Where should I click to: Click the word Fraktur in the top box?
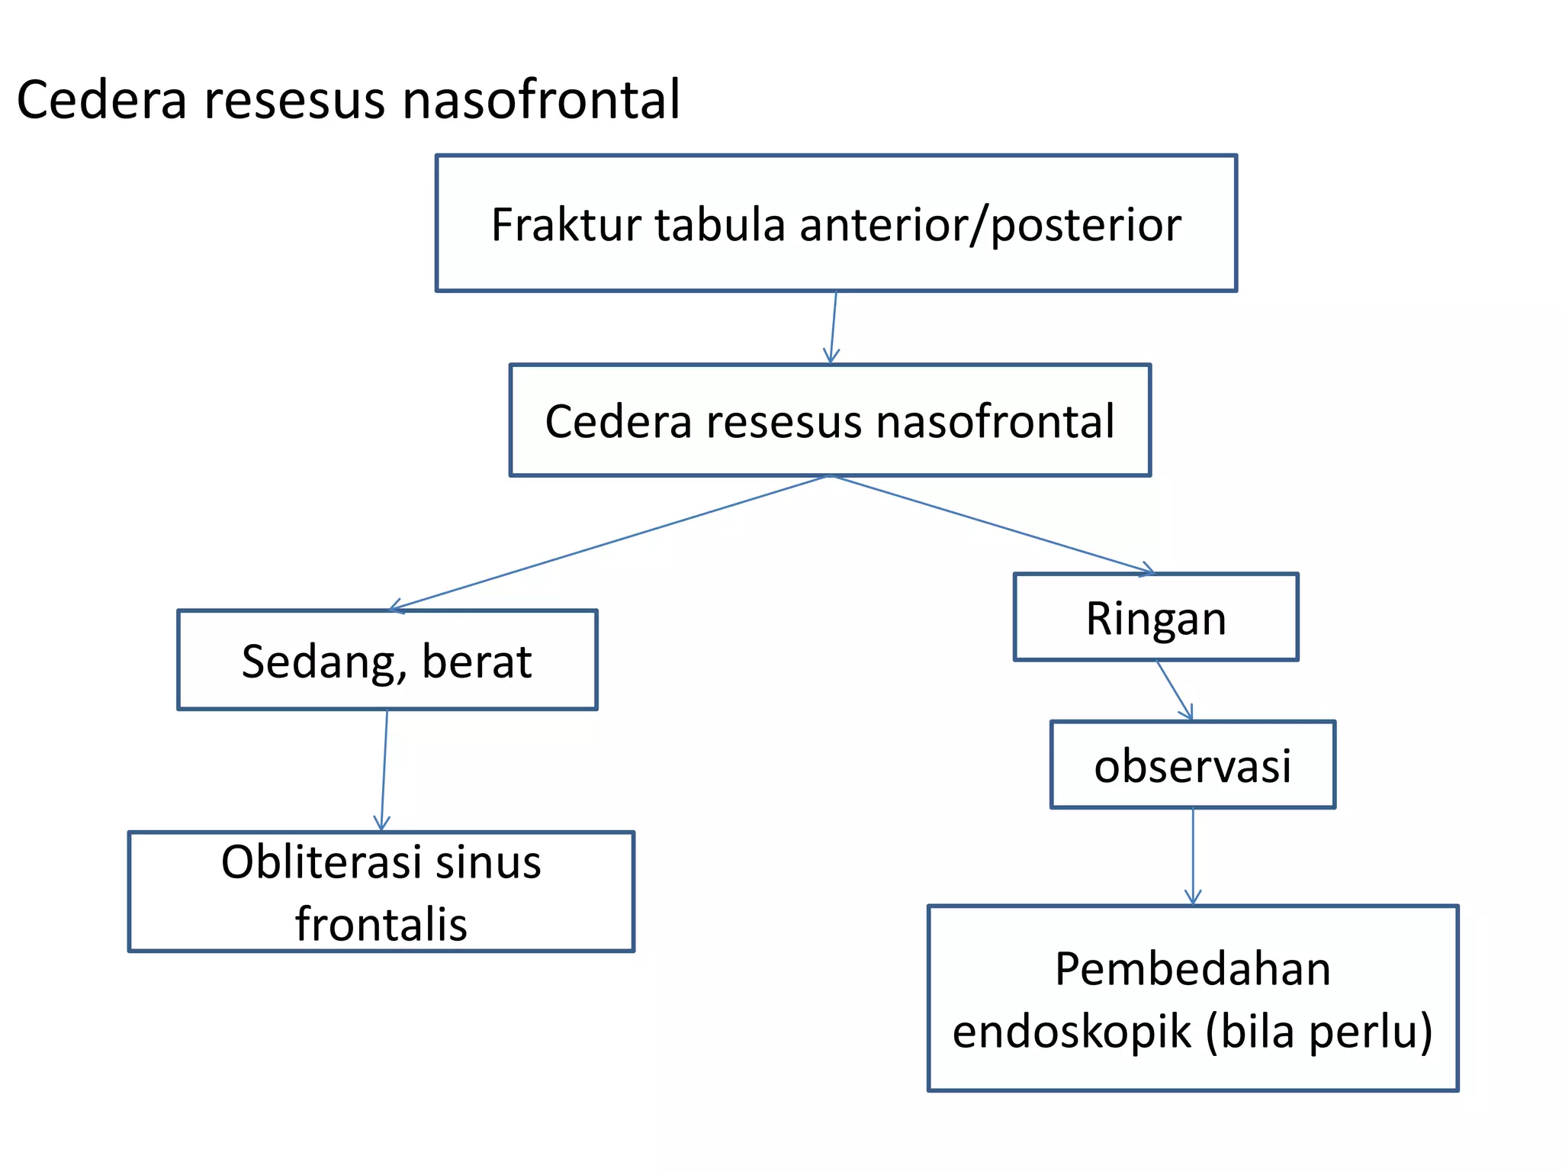coord(565,225)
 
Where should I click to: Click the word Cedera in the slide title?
coord(101,100)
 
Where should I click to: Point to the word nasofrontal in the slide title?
coord(540,100)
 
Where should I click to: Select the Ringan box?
coord(1155,617)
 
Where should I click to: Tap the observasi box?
coord(1192,765)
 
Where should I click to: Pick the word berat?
coord(477,662)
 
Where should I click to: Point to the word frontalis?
coord(381,925)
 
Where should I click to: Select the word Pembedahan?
coord(1192,969)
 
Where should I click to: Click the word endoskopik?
coord(1072,1032)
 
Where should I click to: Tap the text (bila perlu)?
coord(1319,1032)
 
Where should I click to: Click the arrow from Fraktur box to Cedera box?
coord(834,328)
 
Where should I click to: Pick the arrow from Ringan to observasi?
coord(1174,690)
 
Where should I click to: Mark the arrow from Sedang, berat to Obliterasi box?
coord(384,771)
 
